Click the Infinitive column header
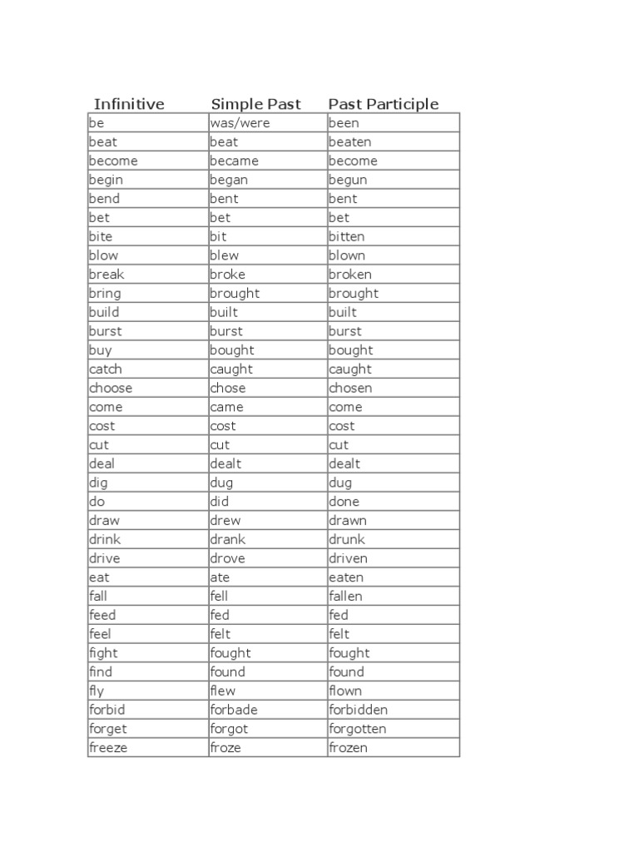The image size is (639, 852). click(129, 104)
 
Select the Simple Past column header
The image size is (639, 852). click(255, 104)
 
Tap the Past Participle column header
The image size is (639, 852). click(383, 104)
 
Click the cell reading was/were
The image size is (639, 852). click(240, 123)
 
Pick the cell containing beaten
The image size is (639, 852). click(349, 142)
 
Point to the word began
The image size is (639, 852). click(229, 180)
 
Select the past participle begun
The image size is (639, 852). click(348, 180)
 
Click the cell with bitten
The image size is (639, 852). click(346, 236)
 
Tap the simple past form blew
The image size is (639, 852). click(224, 255)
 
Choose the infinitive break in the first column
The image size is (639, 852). click(106, 275)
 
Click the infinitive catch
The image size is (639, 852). click(105, 369)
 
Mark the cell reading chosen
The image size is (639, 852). click(350, 388)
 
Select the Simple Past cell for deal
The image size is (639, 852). click(225, 463)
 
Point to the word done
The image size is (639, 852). click(344, 502)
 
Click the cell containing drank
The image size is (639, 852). click(227, 539)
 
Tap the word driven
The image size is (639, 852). click(348, 558)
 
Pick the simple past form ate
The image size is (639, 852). click(220, 577)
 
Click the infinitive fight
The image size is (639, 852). click(103, 653)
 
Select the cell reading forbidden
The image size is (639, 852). click(358, 710)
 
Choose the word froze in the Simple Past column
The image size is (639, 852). click(225, 747)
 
